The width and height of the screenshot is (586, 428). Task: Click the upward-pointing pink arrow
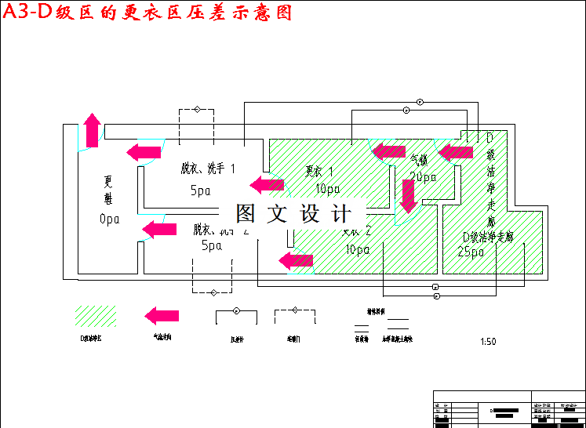click(93, 130)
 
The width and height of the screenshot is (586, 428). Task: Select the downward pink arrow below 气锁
click(407, 196)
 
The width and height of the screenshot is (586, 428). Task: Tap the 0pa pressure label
click(109, 219)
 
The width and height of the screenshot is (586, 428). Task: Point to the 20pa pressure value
click(423, 177)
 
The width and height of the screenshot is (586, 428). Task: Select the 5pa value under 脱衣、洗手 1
click(201, 190)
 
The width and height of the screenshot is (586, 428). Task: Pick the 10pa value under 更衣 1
click(327, 188)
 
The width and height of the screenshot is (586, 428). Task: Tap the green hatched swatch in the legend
click(95, 317)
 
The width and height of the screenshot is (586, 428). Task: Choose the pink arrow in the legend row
click(162, 316)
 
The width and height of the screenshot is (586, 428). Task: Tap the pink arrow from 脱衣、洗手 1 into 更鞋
click(144, 151)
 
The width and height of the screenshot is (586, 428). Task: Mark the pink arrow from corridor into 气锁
click(456, 152)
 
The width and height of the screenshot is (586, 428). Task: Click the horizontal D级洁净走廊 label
click(488, 237)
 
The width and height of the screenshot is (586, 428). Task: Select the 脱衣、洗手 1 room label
click(207, 169)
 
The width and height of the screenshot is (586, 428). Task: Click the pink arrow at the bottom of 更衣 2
click(296, 259)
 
